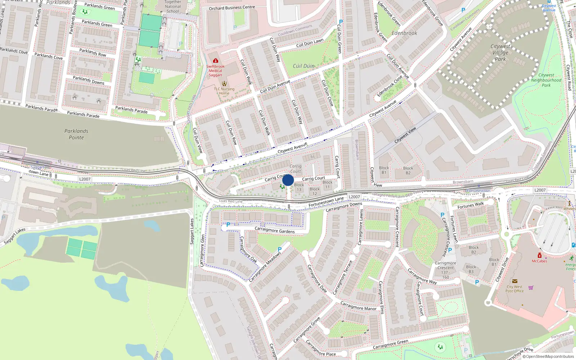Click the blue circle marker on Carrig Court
point(288,180)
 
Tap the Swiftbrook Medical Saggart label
point(215,71)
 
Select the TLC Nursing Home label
point(224,91)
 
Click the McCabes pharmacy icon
point(539,255)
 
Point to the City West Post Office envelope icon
point(514,281)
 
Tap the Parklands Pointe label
point(76,134)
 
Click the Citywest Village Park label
point(500,53)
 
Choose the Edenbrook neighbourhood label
point(404,33)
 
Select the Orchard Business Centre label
point(232,8)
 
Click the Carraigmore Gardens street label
point(274,230)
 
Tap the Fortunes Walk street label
point(471,205)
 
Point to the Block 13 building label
point(299,187)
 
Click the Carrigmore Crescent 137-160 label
point(446,270)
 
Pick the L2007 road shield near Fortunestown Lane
point(354,197)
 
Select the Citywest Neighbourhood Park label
point(546,80)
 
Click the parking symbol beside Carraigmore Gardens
point(228,225)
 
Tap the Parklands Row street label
point(93,53)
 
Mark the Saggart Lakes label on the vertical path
point(192,231)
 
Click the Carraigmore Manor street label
point(358,306)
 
